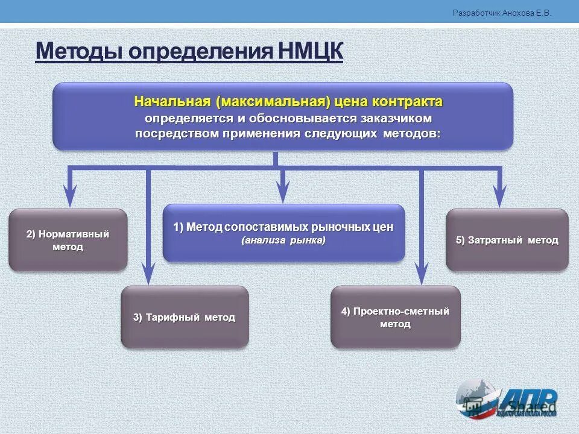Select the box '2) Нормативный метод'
pos(68,240)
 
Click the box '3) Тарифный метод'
pos(185,317)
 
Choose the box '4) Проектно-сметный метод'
pos(395,317)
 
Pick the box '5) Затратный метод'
pos(507,240)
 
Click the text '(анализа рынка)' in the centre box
pos(283,241)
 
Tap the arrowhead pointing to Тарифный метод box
pos(147,274)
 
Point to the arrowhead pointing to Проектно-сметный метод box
pos(422,274)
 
